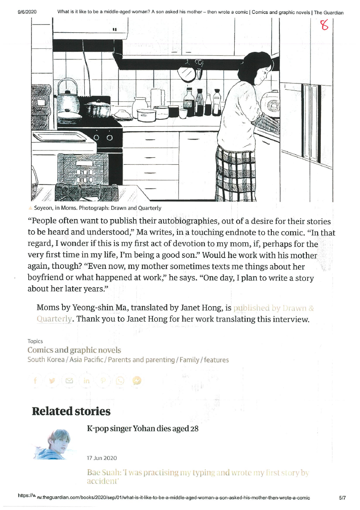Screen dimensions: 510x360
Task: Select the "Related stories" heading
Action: pos(71,412)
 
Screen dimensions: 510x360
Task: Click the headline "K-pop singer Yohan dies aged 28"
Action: pos(143,428)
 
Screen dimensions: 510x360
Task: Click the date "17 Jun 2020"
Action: pos(102,458)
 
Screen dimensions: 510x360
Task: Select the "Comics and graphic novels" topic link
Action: pos(74,350)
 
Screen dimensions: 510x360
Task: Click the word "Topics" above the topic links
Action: pos(35,341)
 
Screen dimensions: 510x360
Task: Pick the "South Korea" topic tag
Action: pos(46,360)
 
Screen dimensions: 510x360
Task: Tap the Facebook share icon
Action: pos(35,381)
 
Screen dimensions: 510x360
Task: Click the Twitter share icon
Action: pos(52,381)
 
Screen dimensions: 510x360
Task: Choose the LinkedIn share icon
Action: pos(87,381)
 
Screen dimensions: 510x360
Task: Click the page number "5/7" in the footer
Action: pos(343,498)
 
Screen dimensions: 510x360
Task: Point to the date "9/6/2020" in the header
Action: pos(27,12)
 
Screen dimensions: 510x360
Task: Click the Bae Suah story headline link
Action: pos(198,476)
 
